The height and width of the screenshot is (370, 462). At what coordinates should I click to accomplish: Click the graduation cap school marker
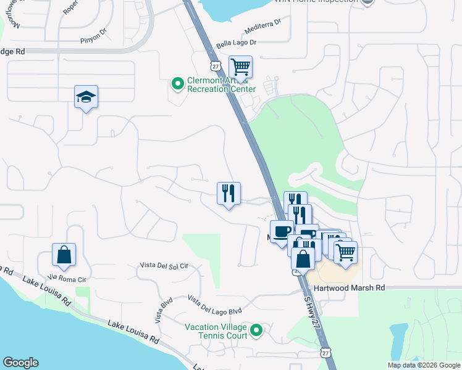(86, 97)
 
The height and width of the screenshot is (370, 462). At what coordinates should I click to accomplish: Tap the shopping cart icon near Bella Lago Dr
(240, 67)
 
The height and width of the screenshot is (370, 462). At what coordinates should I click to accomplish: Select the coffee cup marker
(282, 232)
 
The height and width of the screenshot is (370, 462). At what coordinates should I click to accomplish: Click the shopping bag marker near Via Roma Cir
(64, 255)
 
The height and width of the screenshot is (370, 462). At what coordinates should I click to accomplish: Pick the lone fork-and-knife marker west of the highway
(229, 194)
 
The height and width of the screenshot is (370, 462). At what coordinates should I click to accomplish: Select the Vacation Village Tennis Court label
(216, 331)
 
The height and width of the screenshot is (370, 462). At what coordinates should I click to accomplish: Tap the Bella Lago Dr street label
(235, 43)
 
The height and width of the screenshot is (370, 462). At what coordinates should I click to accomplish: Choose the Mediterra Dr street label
(262, 24)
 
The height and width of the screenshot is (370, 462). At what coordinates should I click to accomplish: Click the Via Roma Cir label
(65, 278)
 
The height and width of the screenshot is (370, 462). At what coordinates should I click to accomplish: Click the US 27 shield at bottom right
(325, 352)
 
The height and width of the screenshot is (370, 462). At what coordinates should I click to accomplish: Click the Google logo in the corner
(20, 363)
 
